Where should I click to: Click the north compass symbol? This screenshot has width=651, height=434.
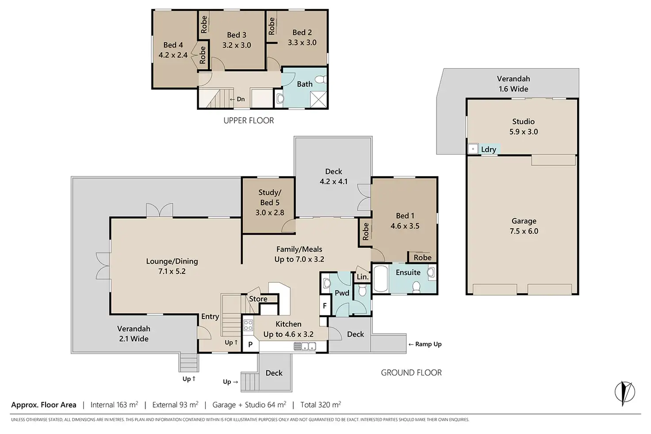(624, 392)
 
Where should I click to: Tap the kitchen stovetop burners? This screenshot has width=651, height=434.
(248, 325)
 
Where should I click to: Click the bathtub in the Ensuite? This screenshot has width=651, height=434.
(380, 278)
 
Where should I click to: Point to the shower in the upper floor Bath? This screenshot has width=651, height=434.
(318, 99)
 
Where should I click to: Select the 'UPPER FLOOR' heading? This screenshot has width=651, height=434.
(249, 120)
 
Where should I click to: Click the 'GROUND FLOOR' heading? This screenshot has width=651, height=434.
(411, 373)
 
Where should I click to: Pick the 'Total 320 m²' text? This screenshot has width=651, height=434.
(321, 404)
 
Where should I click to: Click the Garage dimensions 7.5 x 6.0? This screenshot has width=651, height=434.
(524, 231)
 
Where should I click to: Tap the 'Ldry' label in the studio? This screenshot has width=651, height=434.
(488, 150)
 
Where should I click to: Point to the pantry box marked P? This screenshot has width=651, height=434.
(250, 345)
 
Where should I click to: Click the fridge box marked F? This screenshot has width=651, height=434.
(325, 306)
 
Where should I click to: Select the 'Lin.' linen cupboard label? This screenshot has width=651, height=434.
(362, 277)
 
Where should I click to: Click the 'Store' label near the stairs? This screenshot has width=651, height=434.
(258, 299)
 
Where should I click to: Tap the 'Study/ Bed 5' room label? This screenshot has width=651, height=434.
(270, 197)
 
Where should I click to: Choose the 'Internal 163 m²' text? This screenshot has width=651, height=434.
(114, 404)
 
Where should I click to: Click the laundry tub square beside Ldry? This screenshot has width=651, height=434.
(473, 149)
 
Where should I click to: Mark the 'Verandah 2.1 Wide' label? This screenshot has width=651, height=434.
(134, 334)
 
